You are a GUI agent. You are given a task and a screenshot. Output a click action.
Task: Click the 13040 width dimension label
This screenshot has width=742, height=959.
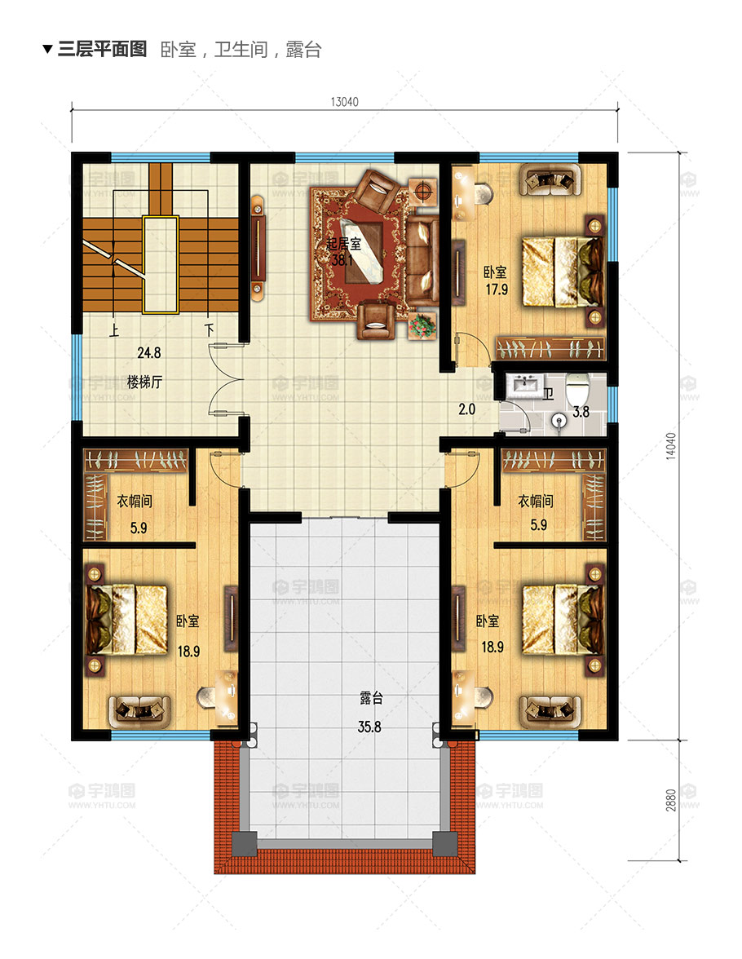(344, 101)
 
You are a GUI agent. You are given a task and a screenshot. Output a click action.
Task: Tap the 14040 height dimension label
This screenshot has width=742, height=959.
(670, 446)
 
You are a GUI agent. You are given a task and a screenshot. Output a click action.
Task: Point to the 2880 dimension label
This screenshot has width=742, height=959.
(670, 800)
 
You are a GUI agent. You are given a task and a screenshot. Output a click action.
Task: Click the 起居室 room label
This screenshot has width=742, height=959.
(343, 244)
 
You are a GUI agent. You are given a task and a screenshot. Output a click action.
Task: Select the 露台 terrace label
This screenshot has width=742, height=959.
(371, 698)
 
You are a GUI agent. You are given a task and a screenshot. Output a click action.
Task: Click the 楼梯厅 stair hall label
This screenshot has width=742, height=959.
(144, 382)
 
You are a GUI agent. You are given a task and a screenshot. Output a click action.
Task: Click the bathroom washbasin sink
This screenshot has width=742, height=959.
(525, 385)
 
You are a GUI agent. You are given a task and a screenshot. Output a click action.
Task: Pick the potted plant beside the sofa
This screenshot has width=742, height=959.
(422, 325)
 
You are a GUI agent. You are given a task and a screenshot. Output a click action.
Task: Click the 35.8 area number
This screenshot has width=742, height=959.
(369, 727)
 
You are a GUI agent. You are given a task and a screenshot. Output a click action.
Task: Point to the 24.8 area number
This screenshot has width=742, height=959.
(148, 353)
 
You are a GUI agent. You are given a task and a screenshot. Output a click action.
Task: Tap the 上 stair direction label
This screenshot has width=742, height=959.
(114, 331)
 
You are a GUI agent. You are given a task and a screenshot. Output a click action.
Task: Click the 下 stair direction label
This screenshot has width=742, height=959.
(210, 331)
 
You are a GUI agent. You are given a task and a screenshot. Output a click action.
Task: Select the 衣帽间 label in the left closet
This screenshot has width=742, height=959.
(135, 501)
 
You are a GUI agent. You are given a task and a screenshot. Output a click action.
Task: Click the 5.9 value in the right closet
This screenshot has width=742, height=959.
(538, 525)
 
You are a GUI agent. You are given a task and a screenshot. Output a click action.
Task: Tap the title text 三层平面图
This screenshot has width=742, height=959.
(102, 49)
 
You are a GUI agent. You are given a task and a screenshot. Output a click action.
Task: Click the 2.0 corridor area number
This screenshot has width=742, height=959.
(466, 409)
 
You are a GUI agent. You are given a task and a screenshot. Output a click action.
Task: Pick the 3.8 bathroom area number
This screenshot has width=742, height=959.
(581, 413)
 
